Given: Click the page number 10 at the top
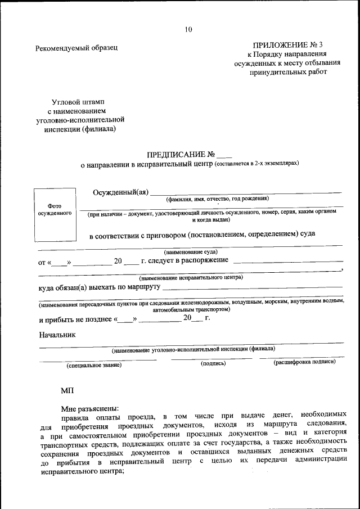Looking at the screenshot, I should click(x=188, y=29).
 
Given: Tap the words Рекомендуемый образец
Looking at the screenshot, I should click(x=76, y=48).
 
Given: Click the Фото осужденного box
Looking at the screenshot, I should click(x=55, y=210).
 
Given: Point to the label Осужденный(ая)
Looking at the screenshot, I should click(x=120, y=192).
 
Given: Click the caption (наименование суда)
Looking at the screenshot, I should click(x=191, y=252).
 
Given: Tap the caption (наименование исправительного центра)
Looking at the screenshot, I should click(x=191, y=278).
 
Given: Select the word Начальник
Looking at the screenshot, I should click(x=57, y=335).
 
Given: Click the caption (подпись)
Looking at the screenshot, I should click(x=213, y=364).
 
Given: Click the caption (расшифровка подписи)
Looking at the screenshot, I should click(x=304, y=362).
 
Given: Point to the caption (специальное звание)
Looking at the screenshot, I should click(x=94, y=365).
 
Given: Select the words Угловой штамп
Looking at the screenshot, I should click(x=78, y=102).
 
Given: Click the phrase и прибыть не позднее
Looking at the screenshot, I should click(x=76, y=319).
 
